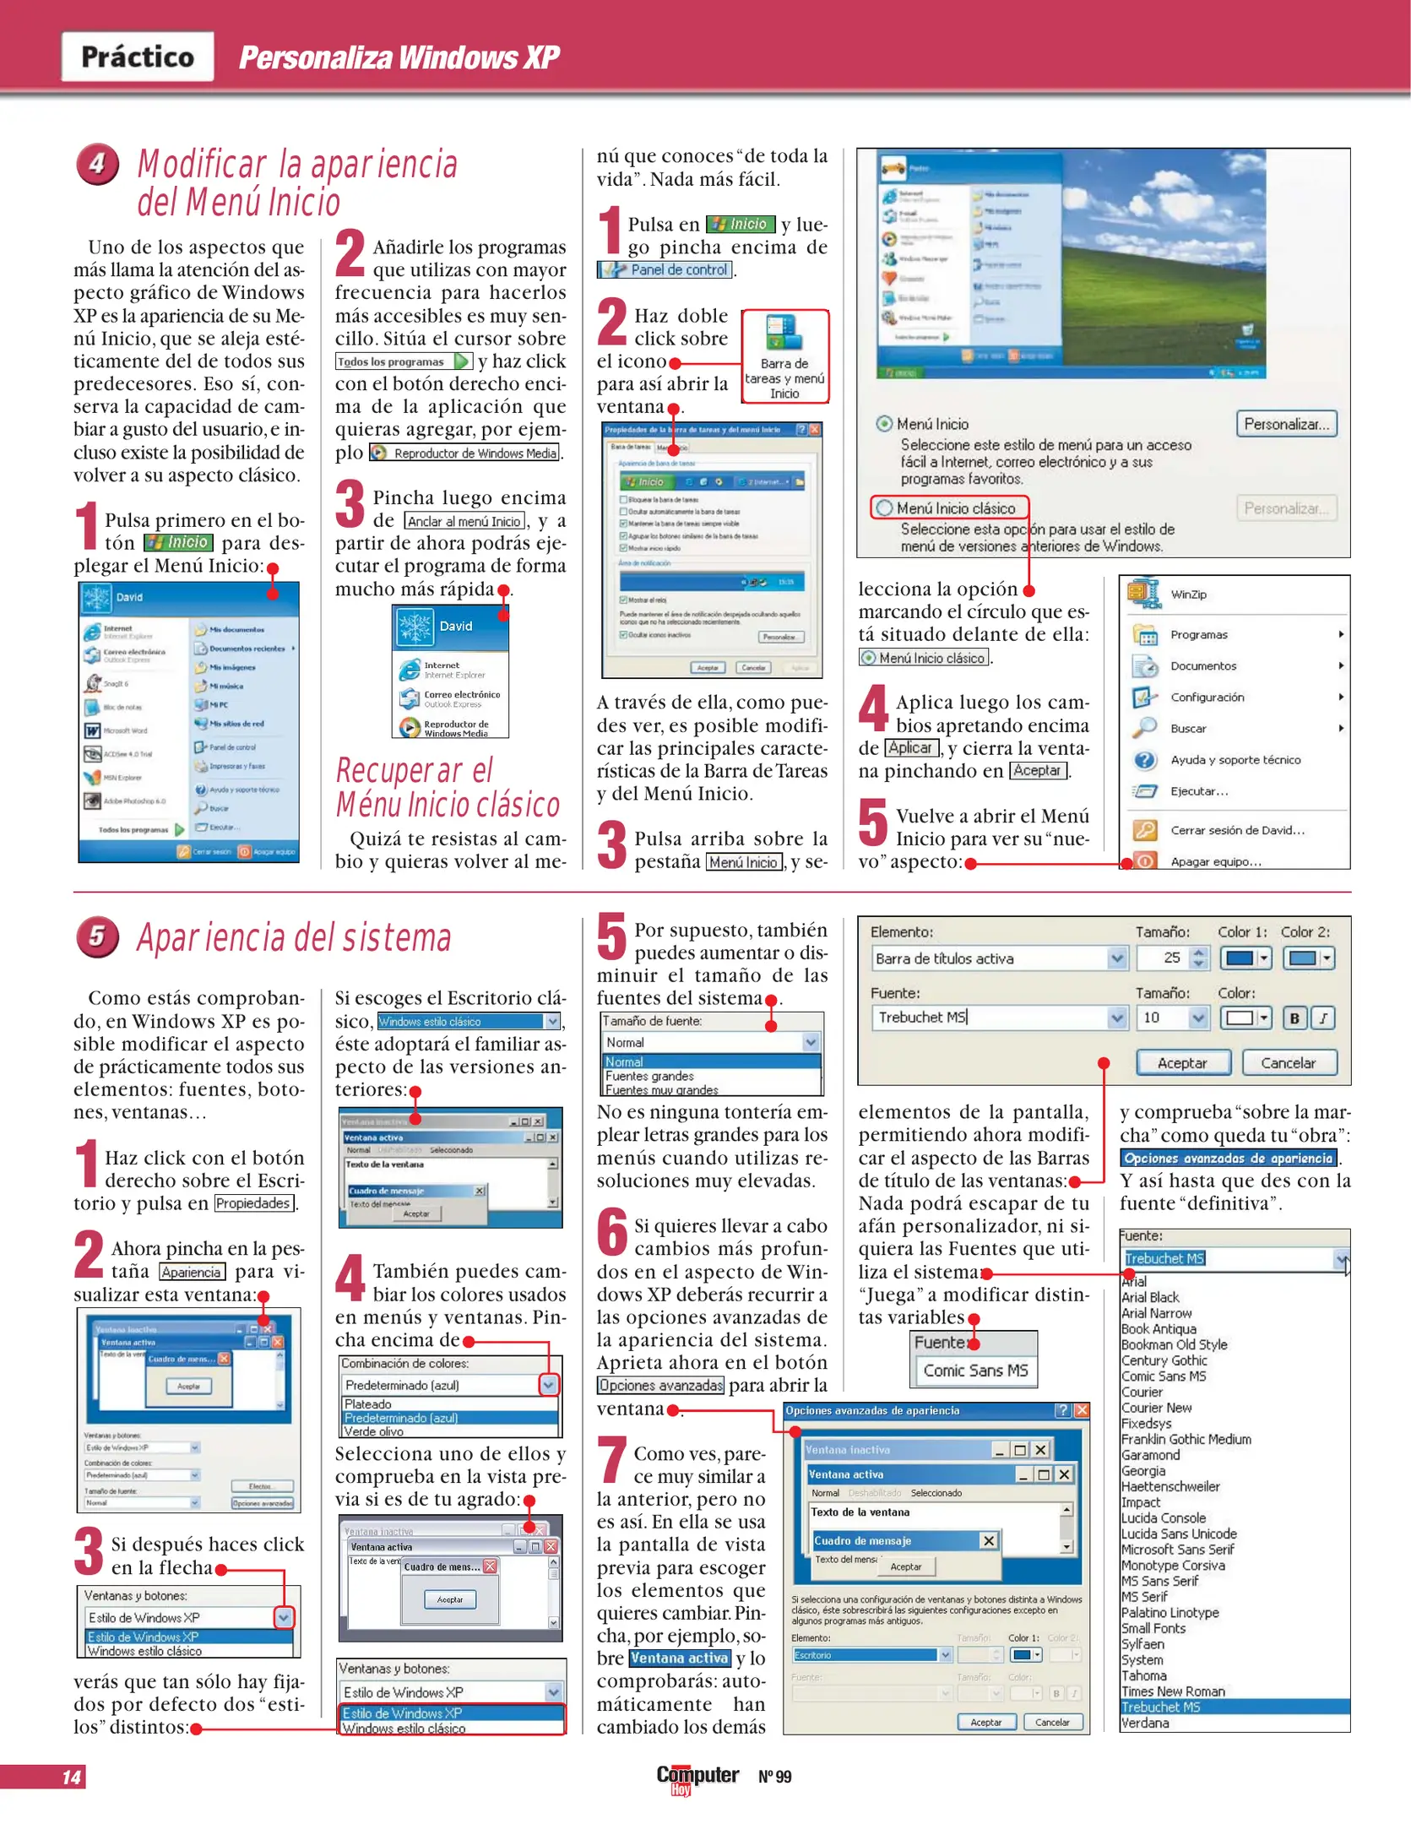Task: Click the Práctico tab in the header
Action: coord(138,57)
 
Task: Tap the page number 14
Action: coord(72,1777)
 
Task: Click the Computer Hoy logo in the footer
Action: coord(697,1778)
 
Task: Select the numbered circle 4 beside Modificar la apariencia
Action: coord(97,163)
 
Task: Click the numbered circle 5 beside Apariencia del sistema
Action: coord(97,937)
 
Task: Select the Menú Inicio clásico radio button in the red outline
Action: coord(885,508)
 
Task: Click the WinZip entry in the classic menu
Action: coord(1188,594)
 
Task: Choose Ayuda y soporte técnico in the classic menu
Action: coord(1235,760)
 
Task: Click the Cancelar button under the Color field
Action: coord(1288,1063)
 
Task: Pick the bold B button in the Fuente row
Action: coord(1294,1018)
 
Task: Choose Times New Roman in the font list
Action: coord(1173,1691)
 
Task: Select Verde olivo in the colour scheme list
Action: coord(374,1431)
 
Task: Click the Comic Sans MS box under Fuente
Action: coord(975,1370)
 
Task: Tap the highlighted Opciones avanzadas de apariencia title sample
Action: coord(1229,1159)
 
